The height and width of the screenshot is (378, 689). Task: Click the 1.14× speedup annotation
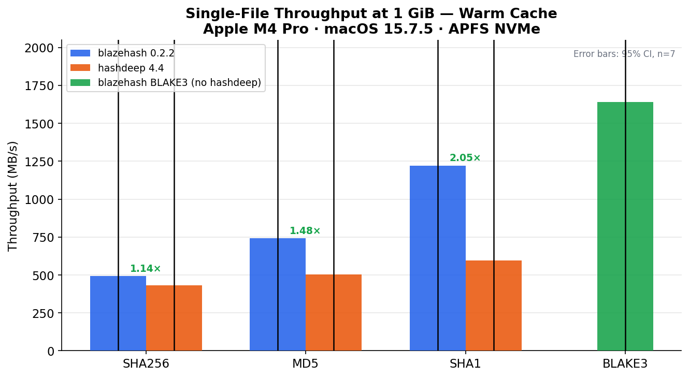click(x=146, y=269)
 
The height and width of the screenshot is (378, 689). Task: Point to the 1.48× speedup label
click(x=305, y=231)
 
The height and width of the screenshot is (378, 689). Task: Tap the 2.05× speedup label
click(x=465, y=158)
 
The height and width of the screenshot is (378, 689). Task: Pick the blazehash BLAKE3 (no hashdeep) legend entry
click(x=179, y=83)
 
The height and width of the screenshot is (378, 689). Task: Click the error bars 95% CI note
click(x=624, y=54)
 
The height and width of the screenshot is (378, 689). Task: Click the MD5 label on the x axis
click(x=305, y=364)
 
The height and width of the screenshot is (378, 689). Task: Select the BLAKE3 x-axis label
click(x=625, y=364)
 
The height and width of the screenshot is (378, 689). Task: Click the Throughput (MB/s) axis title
click(x=13, y=196)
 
